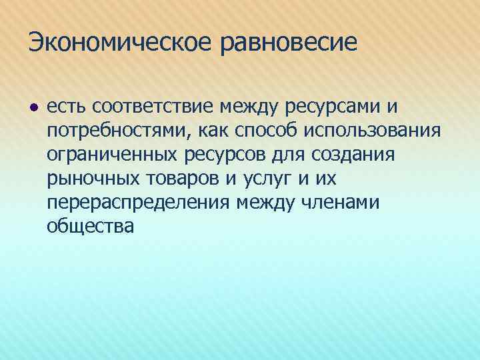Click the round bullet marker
pos(33,107)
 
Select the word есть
pos(67,106)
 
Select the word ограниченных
pos(108,155)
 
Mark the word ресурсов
pos(220,155)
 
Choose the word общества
pos(91,226)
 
